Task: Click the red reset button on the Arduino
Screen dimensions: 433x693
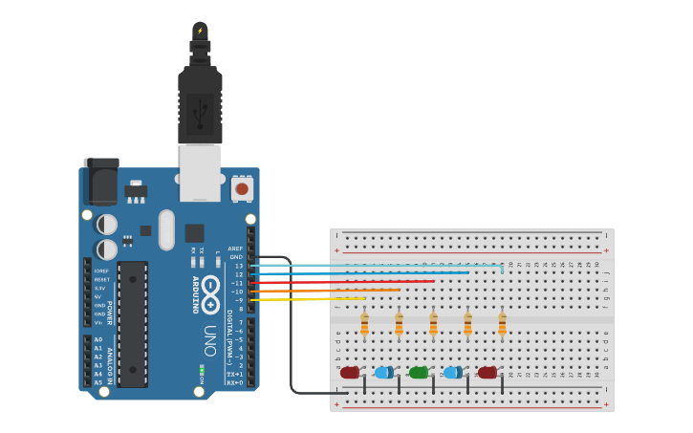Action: (x=242, y=188)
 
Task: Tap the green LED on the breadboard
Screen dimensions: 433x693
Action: (x=418, y=373)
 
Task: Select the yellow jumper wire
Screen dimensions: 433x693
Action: (x=306, y=299)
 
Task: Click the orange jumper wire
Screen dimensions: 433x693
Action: (x=325, y=291)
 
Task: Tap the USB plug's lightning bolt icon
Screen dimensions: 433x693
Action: (x=200, y=31)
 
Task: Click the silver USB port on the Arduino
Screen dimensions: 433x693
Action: (x=200, y=172)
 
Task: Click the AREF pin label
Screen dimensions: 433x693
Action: (x=235, y=249)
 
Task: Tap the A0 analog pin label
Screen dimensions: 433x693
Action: (x=98, y=339)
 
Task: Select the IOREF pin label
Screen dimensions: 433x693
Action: (x=100, y=271)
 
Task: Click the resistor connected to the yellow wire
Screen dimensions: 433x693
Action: (x=364, y=325)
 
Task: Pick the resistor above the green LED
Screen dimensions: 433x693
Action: (x=433, y=325)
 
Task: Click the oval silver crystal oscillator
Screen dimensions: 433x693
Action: (x=166, y=229)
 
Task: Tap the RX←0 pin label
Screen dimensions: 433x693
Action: (x=234, y=382)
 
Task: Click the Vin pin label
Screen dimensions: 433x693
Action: (x=99, y=322)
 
